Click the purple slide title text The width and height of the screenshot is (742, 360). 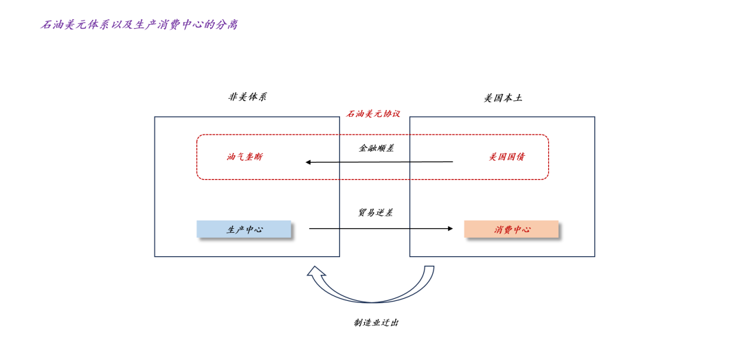[x=139, y=25]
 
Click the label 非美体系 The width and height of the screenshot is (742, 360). [x=247, y=98]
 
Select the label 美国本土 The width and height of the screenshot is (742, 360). [x=503, y=98]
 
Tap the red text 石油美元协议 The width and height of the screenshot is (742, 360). [x=373, y=113]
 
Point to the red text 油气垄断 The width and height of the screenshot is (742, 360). [x=244, y=157]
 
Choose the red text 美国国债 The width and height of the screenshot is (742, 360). [x=506, y=157]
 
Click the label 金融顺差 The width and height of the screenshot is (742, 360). [x=376, y=148]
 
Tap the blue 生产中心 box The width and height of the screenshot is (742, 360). [x=244, y=229]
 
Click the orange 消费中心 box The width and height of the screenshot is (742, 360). [x=511, y=229]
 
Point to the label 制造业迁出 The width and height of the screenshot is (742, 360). [x=376, y=323]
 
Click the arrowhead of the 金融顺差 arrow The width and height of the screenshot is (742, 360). [x=308, y=162]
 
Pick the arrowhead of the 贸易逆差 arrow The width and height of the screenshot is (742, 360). [x=451, y=229]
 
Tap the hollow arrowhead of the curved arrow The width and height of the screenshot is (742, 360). [x=315, y=271]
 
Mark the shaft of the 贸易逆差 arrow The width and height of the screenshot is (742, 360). [x=381, y=229]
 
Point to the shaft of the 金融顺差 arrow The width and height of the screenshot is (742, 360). [x=379, y=162]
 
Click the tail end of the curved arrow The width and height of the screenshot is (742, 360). [x=429, y=267]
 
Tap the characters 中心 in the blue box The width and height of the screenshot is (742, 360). [x=254, y=229]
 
